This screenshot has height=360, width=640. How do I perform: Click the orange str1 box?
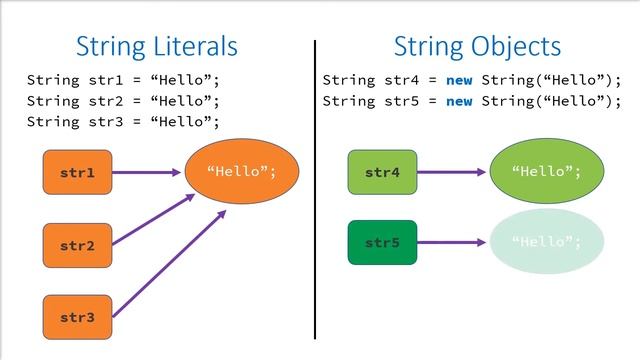(x=77, y=173)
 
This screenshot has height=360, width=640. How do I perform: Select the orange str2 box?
(x=77, y=245)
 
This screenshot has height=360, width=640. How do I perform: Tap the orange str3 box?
(x=77, y=317)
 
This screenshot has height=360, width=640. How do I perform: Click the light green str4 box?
(x=382, y=173)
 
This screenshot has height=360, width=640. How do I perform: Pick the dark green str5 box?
(x=382, y=243)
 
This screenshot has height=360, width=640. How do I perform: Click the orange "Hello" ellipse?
(x=241, y=172)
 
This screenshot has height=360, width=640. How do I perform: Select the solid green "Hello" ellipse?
(x=546, y=172)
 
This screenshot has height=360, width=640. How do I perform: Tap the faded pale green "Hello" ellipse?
(x=546, y=242)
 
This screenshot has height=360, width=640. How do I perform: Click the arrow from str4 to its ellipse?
(x=452, y=173)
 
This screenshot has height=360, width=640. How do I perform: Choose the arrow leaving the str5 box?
(x=452, y=242)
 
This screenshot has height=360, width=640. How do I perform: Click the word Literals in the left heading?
(x=196, y=46)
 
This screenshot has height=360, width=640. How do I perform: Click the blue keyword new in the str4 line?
(x=459, y=80)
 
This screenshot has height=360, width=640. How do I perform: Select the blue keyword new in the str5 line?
(x=459, y=101)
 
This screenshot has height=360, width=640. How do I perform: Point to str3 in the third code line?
(x=101, y=122)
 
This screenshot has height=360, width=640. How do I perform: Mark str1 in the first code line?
(x=101, y=80)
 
